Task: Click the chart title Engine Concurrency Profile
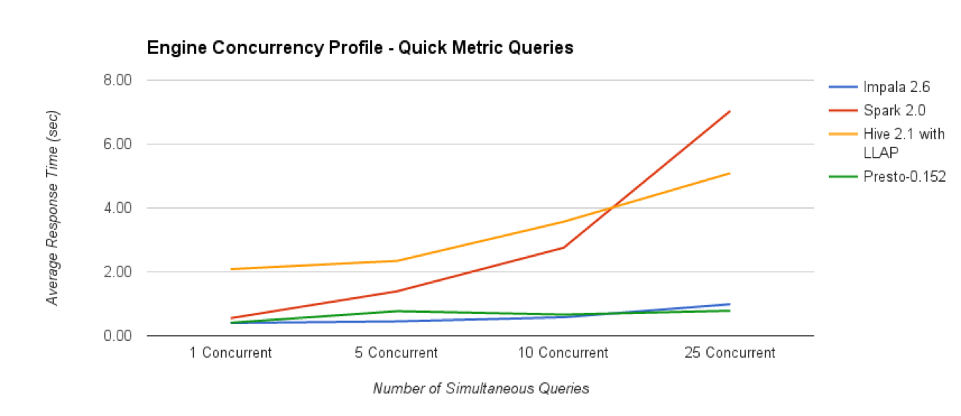point(360,48)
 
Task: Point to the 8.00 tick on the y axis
point(120,80)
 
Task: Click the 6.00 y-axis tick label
point(120,144)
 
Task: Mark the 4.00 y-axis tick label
point(120,208)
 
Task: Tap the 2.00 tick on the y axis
point(120,271)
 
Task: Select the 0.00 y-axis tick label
point(120,336)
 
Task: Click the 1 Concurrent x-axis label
point(230,353)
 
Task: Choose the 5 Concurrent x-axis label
point(396,353)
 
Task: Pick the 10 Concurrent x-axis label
point(563,353)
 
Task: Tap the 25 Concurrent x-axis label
point(730,353)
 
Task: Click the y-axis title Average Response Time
point(53,208)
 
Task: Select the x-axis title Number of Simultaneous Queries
point(480,389)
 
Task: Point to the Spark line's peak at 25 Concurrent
point(730,111)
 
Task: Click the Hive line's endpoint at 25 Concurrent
point(730,173)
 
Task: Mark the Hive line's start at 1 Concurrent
point(231,269)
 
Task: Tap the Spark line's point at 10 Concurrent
point(563,247)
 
